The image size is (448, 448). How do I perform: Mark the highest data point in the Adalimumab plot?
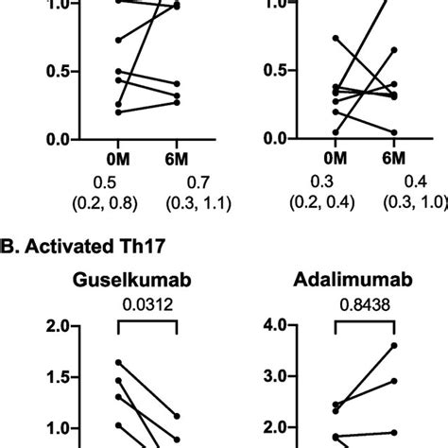pos(393,345)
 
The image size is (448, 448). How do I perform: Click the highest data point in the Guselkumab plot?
pos(119,362)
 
